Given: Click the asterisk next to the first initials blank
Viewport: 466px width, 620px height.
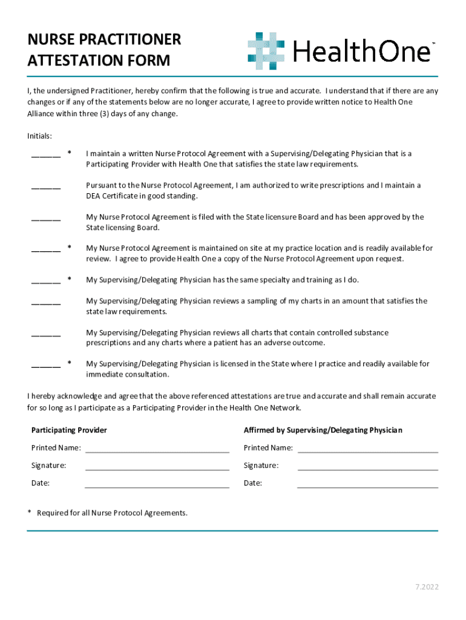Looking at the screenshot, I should (70, 154).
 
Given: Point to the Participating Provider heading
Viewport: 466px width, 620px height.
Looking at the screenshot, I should (69, 430).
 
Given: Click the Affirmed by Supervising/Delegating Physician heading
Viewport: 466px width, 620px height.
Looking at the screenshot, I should (323, 430).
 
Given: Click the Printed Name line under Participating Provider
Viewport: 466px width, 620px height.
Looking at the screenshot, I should (157, 451).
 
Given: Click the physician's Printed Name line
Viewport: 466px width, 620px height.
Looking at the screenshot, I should (368, 451).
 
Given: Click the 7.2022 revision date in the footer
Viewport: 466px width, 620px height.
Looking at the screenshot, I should (427, 587).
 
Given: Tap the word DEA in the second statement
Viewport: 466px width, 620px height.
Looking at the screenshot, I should (94, 196).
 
